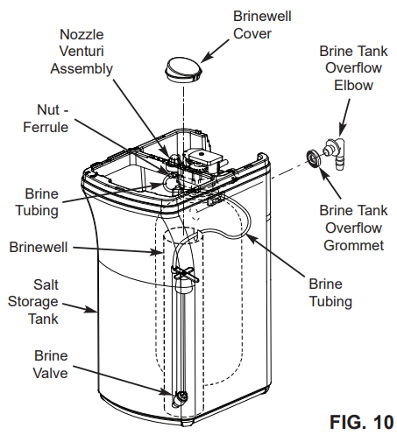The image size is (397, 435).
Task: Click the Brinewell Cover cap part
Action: click(x=182, y=69)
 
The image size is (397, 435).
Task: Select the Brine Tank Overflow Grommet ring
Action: click(x=311, y=159)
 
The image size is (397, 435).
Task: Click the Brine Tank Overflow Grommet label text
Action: click(x=351, y=228)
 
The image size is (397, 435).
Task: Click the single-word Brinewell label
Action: click(x=39, y=247)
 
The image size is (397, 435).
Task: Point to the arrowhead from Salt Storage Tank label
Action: click(x=98, y=309)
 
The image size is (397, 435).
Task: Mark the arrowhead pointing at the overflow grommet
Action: click(x=319, y=170)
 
